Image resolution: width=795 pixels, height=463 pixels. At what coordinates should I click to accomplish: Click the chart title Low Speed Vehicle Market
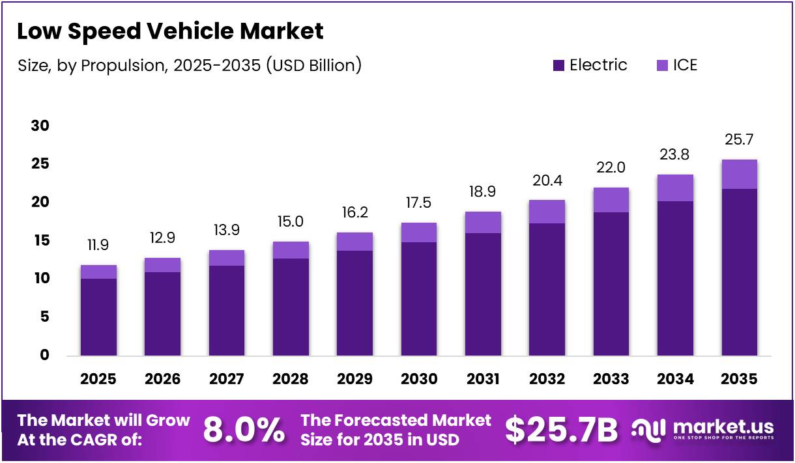click(x=169, y=31)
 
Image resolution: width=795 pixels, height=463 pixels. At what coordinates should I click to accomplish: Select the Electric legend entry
click(x=589, y=65)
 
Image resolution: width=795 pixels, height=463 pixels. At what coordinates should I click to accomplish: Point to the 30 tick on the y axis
click(x=40, y=126)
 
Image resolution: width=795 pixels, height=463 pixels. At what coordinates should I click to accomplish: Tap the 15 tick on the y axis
click(x=40, y=241)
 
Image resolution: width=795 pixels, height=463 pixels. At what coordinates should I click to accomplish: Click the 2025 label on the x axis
click(x=98, y=379)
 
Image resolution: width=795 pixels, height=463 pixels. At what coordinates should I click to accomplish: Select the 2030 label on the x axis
click(x=418, y=379)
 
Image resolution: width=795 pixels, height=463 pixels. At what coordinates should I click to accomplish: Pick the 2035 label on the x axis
click(x=739, y=379)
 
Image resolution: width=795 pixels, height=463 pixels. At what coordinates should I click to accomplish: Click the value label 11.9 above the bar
click(x=98, y=246)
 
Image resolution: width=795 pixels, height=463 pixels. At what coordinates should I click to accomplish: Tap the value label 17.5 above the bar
click(x=418, y=203)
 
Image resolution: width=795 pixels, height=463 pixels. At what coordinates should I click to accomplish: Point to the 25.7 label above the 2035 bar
click(x=739, y=140)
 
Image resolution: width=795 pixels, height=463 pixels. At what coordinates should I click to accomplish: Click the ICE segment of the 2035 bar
click(x=739, y=174)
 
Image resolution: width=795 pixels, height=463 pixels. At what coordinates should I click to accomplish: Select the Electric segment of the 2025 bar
click(x=98, y=317)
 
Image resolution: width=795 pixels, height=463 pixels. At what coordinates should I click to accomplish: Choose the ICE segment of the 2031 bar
click(x=483, y=222)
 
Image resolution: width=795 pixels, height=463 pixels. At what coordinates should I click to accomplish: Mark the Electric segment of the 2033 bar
click(x=611, y=284)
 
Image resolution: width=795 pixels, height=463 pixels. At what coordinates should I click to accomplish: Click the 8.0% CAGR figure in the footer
click(x=244, y=430)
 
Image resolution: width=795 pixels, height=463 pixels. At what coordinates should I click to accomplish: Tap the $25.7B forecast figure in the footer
click(x=561, y=430)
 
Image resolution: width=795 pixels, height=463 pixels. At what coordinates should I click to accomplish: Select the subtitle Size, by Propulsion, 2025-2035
click(x=189, y=65)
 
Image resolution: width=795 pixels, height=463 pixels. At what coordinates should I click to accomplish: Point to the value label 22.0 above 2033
click(x=611, y=168)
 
